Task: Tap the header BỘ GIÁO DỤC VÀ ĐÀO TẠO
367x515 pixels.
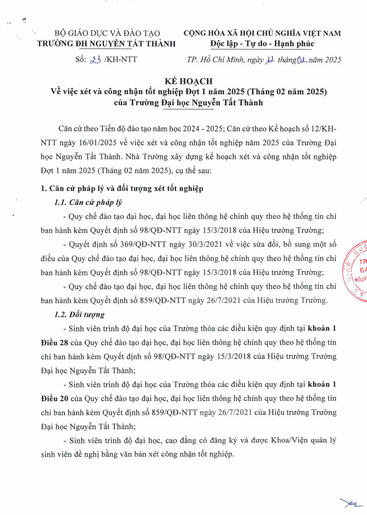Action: point(107,33)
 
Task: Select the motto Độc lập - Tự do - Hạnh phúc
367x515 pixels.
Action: point(263,43)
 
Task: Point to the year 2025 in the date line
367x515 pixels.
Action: point(332,60)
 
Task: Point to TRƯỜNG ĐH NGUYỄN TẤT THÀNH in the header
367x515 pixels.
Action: point(107,43)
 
